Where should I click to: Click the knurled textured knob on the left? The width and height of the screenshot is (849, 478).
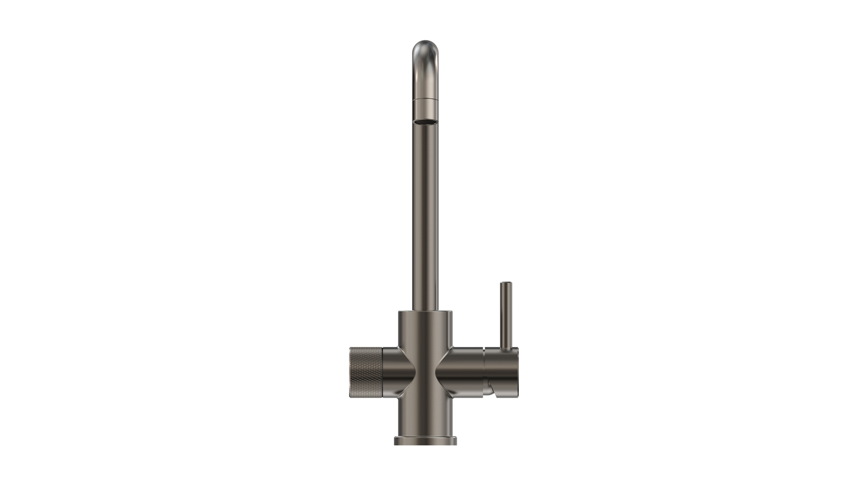[366, 372]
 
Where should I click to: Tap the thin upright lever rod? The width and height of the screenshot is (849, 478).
[506, 313]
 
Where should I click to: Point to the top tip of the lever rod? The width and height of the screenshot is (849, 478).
[506, 284]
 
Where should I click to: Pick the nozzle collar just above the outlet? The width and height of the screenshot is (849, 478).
[425, 109]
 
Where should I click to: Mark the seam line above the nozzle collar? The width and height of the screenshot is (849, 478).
[425, 99]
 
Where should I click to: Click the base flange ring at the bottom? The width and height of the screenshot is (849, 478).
[425, 440]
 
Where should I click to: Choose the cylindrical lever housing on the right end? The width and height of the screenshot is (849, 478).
[501, 369]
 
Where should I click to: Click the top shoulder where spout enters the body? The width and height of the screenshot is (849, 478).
[425, 312]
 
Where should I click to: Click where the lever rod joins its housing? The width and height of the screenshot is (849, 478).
[506, 348]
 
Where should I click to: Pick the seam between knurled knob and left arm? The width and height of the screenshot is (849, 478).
[382, 372]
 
